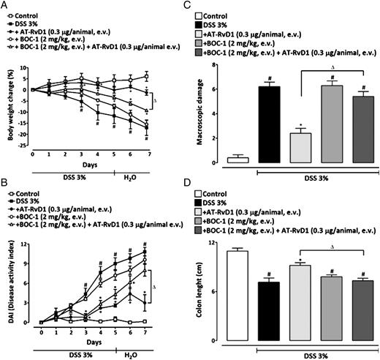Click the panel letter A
pyautogui.click(x=4, y=5)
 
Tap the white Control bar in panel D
pyautogui.click(x=235, y=296)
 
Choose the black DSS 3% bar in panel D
pyautogui.click(x=267, y=311)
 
